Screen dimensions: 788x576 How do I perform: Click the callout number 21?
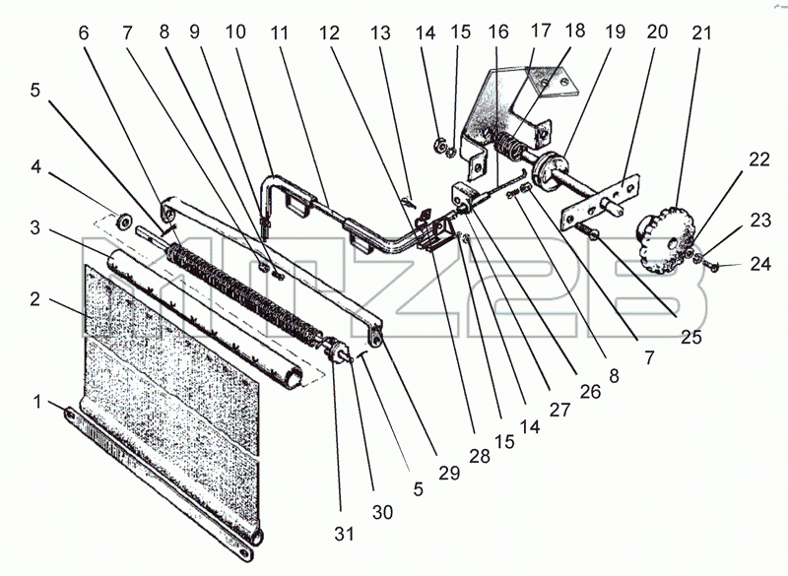coord(701,33)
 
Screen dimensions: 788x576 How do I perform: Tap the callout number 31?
coord(344,534)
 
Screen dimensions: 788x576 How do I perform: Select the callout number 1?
coord(37,402)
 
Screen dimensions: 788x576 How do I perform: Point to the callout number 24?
coord(760,263)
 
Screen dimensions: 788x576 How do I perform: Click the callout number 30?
coord(382,512)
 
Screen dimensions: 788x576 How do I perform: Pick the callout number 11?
coord(280,33)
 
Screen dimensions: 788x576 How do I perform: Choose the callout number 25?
coord(690,337)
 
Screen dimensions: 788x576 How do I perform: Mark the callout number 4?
coord(35,166)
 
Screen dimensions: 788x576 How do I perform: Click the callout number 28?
coord(480,456)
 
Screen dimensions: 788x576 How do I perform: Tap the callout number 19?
coord(614,32)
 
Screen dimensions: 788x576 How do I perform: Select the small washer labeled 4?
coord(122,220)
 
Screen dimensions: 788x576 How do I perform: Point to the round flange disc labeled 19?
coord(550,168)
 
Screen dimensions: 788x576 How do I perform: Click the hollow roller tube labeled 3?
coord(205,319)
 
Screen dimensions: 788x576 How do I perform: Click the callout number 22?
coord(759,160)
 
